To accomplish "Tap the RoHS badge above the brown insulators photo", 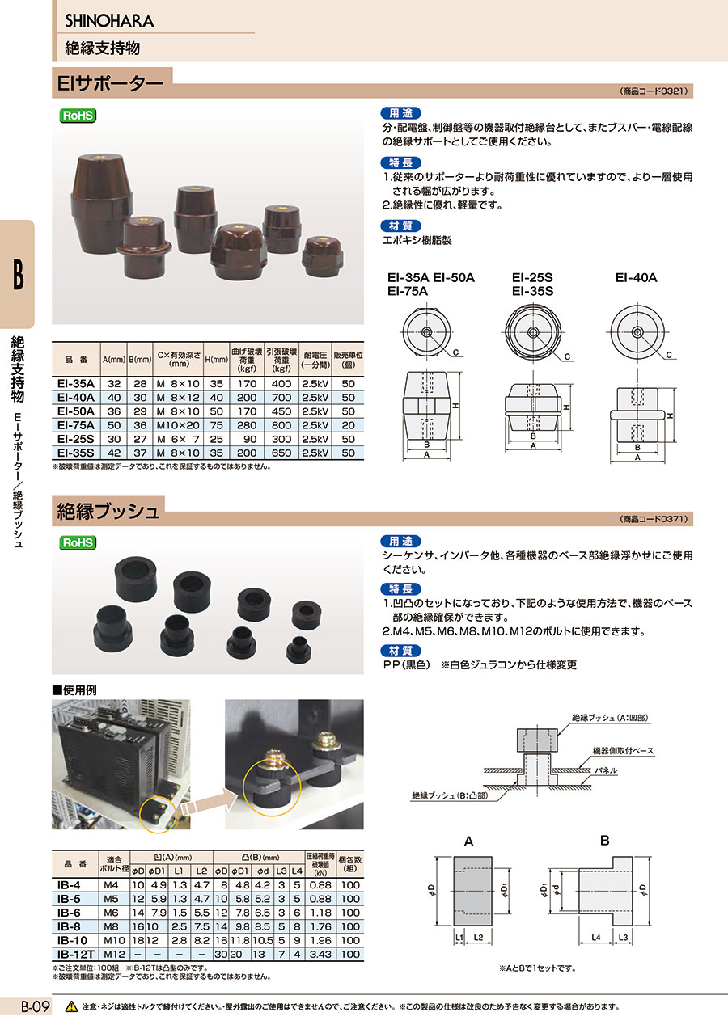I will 78,116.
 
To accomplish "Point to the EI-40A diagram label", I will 636,277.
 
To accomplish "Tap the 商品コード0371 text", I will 654,519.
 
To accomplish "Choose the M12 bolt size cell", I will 113,955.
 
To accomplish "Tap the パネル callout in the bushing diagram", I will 605,771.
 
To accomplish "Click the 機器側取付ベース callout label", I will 624,751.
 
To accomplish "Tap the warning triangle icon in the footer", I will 71,1006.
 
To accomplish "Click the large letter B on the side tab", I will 17,276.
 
